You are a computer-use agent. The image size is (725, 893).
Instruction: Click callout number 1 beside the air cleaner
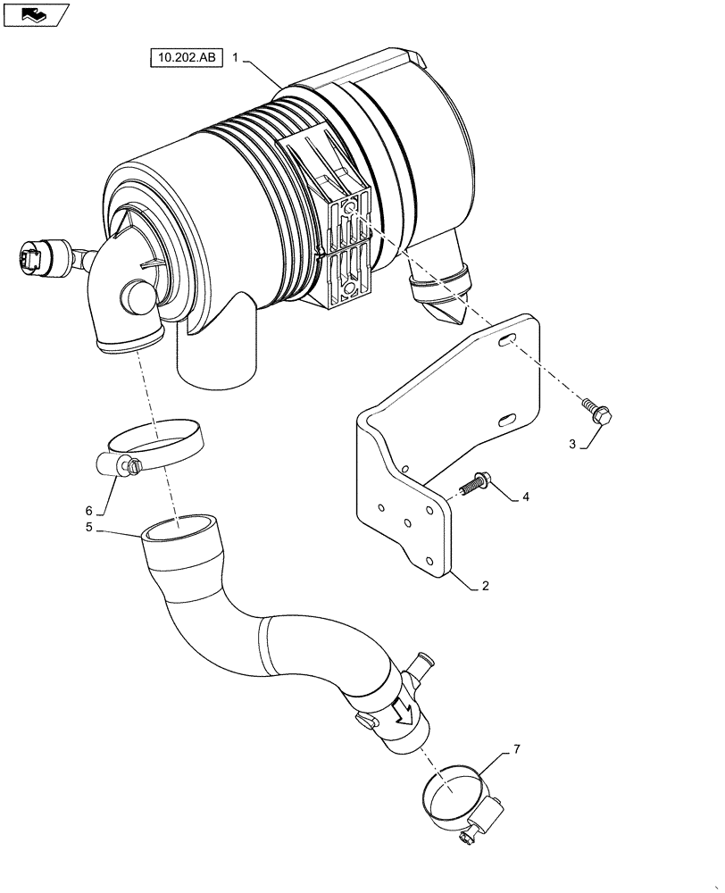[235, 57]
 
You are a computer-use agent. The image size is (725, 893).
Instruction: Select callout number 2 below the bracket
[485, 587]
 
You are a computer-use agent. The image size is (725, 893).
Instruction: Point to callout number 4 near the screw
[525, 497]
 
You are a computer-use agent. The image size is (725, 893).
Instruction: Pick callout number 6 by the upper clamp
[88, 510]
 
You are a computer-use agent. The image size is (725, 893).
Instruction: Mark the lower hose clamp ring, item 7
[455, 793]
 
